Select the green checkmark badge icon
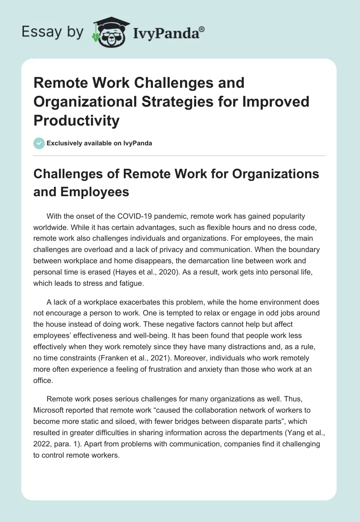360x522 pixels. [x=39, y=143]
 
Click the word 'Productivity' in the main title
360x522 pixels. [x=77, y=120]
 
